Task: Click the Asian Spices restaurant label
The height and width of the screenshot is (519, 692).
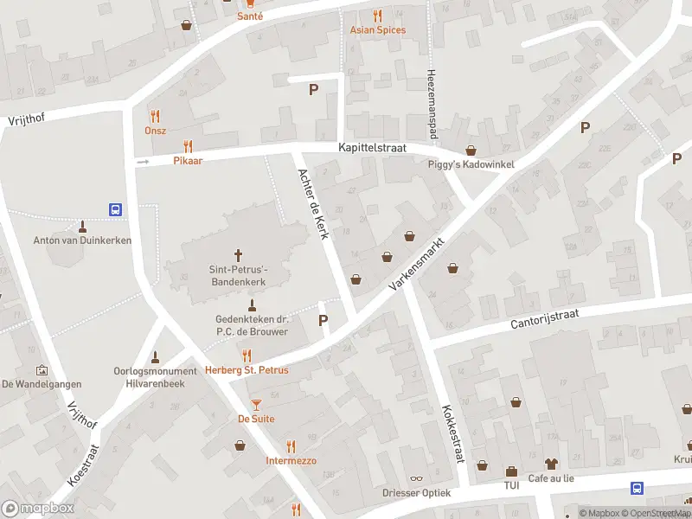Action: pyautogui.click(x=377, y=30)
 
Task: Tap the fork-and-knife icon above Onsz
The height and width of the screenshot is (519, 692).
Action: pyautogui.click(x=156, y=115)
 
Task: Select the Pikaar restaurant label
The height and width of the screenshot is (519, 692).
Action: pyautogui.click(x=187, y=161)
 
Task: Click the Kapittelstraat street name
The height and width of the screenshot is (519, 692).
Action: pyautogui.click(x=372, y=149)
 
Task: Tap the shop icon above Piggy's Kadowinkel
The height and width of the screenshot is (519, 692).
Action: pyautogui.click(x=471, y=150)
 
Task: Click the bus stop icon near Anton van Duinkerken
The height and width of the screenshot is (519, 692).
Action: pyautogui.click(x=114, y=208)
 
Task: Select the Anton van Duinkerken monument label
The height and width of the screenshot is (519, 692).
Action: pyautogui.click(x=82, y=240)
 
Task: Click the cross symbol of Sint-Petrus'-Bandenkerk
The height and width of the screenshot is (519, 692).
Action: pyautogui.click(x=238, y=255)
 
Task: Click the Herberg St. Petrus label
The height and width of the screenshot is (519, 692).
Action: pyautogui.click(x=247, y=370)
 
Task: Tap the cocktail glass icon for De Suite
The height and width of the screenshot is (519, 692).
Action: pyautogui.click(x=256, y=405)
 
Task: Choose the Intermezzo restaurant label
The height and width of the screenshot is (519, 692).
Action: pyautogui.click(x=291, y=460)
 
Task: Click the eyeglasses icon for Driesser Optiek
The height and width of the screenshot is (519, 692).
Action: pyautogui.click(x=417, y=478)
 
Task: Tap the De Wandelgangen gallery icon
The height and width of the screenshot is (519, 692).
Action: pyautogui.click(x=42, y=370)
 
